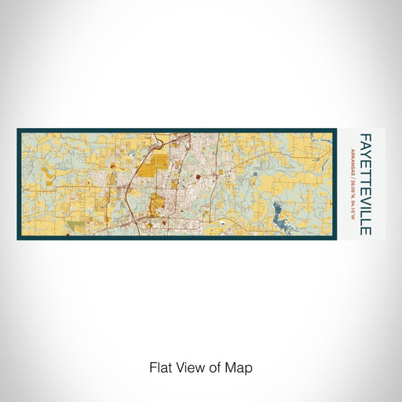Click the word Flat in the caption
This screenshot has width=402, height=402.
tap(159, 367)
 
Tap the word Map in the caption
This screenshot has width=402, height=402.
tap(239, 367)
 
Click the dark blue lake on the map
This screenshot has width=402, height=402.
tap(280, 210)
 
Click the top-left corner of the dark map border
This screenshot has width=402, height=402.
tap(17, 129)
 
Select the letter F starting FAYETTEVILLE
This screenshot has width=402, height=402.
tap(365, 136)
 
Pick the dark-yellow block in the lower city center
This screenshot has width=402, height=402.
tap(157, 203)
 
